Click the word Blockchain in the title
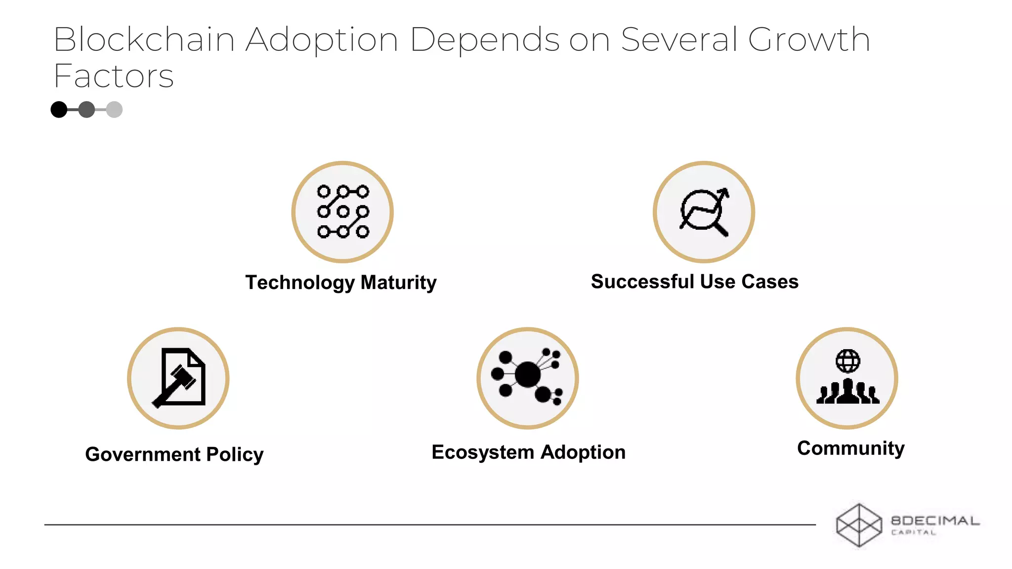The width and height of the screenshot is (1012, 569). [x=143, y=40]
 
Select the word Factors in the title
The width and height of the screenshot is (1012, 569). [x=114, y=77]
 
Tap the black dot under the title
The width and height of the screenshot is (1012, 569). [x=59, y=110]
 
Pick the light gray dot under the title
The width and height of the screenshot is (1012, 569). [x=114, y=110]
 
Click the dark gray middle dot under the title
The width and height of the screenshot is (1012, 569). [x=86, y=110]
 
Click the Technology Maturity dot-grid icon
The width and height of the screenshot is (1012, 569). [x=343, y=212]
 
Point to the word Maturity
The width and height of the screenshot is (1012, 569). [x=398, y=283]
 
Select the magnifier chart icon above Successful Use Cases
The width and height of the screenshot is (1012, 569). [x=704, y=212]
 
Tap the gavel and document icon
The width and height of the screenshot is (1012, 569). [x=179, y=378]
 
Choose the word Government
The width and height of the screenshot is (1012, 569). [x=143, y=454]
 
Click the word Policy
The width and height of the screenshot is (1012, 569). [x=235, y=454]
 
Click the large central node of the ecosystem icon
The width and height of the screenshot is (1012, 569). [x=527, y=374]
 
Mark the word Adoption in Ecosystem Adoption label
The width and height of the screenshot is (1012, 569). [x=583, y=452]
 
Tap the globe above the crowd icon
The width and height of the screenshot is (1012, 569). [x=848, y=361]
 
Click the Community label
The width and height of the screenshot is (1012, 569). [x=850, y=448]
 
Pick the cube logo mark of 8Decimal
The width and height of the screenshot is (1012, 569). [x=859, y=525]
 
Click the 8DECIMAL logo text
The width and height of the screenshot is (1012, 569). [x=934, y=521]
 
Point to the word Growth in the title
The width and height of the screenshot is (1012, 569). [x=809, y=40]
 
